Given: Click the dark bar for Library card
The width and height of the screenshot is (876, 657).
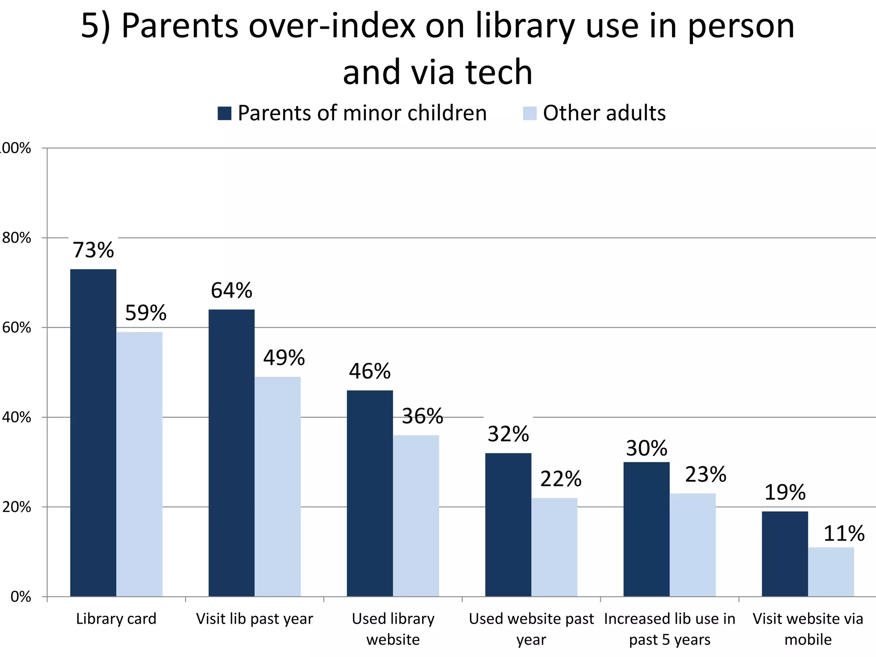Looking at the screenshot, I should [93, 432].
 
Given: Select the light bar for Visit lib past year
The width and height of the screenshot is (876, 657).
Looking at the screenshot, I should [278, 486].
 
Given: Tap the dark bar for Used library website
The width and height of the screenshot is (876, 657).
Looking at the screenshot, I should [370, 493].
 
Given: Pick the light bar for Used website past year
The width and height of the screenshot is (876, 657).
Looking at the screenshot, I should [554, 547].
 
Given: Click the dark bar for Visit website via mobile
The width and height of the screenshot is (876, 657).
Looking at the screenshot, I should [784, 553].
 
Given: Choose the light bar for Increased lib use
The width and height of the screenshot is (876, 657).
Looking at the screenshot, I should [693, 545].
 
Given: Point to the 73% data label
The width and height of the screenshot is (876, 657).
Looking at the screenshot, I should [93, 250].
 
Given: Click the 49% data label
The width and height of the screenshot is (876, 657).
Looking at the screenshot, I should [284, 358].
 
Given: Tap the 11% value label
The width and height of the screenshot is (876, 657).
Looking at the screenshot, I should [843, 533].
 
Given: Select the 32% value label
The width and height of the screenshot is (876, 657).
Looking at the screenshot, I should [508, 434].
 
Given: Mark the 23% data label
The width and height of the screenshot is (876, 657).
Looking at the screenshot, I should [705, 474].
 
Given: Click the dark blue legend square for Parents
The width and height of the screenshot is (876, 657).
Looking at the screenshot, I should [225, 113].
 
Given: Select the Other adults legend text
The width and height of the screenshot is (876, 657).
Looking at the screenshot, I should [604, 113].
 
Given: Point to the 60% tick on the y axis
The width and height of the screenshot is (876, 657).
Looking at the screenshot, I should [17, 328].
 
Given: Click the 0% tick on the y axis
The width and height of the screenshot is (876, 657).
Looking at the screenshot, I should [21, 597].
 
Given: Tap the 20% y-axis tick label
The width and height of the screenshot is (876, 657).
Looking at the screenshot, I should [17, 507].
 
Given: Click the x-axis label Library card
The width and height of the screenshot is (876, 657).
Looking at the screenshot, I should [116, 619].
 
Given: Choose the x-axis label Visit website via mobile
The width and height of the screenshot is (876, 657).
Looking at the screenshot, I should [808, 629].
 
